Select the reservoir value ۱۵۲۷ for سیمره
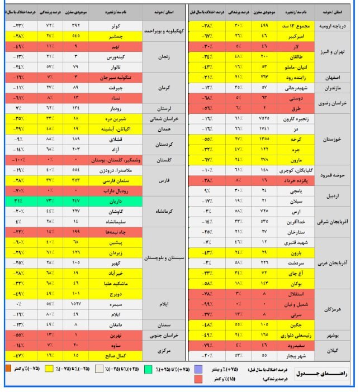[73, 303]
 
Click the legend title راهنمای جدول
[324, 372]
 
